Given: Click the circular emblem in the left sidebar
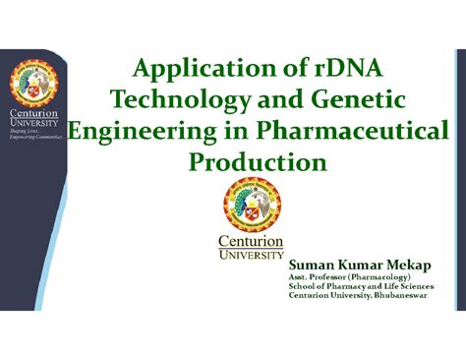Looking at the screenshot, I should (35, 87).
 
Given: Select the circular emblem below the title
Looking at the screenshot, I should (251, 205).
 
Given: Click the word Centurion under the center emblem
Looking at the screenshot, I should (251, 241).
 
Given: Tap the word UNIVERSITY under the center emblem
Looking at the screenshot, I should (251, 256).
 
